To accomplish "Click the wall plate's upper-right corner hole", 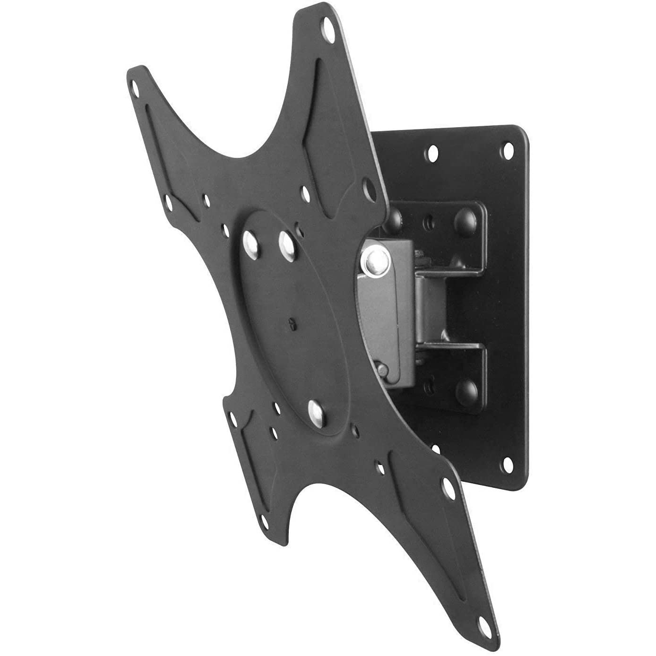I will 509,152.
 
